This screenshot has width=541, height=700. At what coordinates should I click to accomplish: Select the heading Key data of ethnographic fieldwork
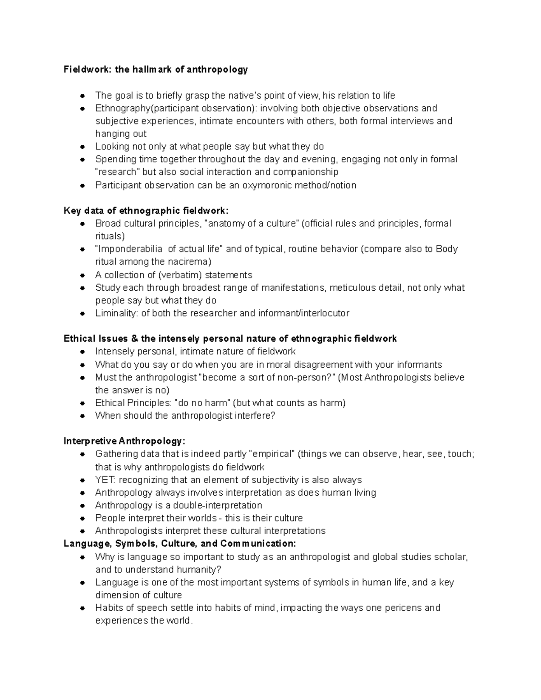click(146, 210)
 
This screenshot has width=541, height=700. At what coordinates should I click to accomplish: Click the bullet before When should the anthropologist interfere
click(83, 416)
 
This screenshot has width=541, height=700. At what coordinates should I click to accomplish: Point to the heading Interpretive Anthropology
click(124, 441)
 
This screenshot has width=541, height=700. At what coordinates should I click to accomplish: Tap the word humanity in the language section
click(199, 569)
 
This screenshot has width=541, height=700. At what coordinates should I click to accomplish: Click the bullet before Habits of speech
click(83, 608)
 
